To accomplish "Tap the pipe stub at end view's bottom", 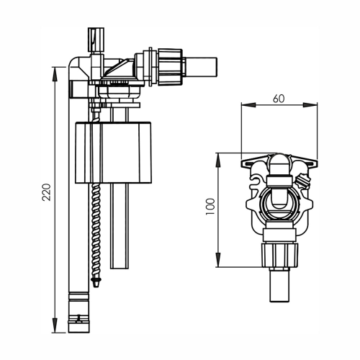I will (x=278, y=288).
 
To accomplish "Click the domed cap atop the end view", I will (x=279, y=166).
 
